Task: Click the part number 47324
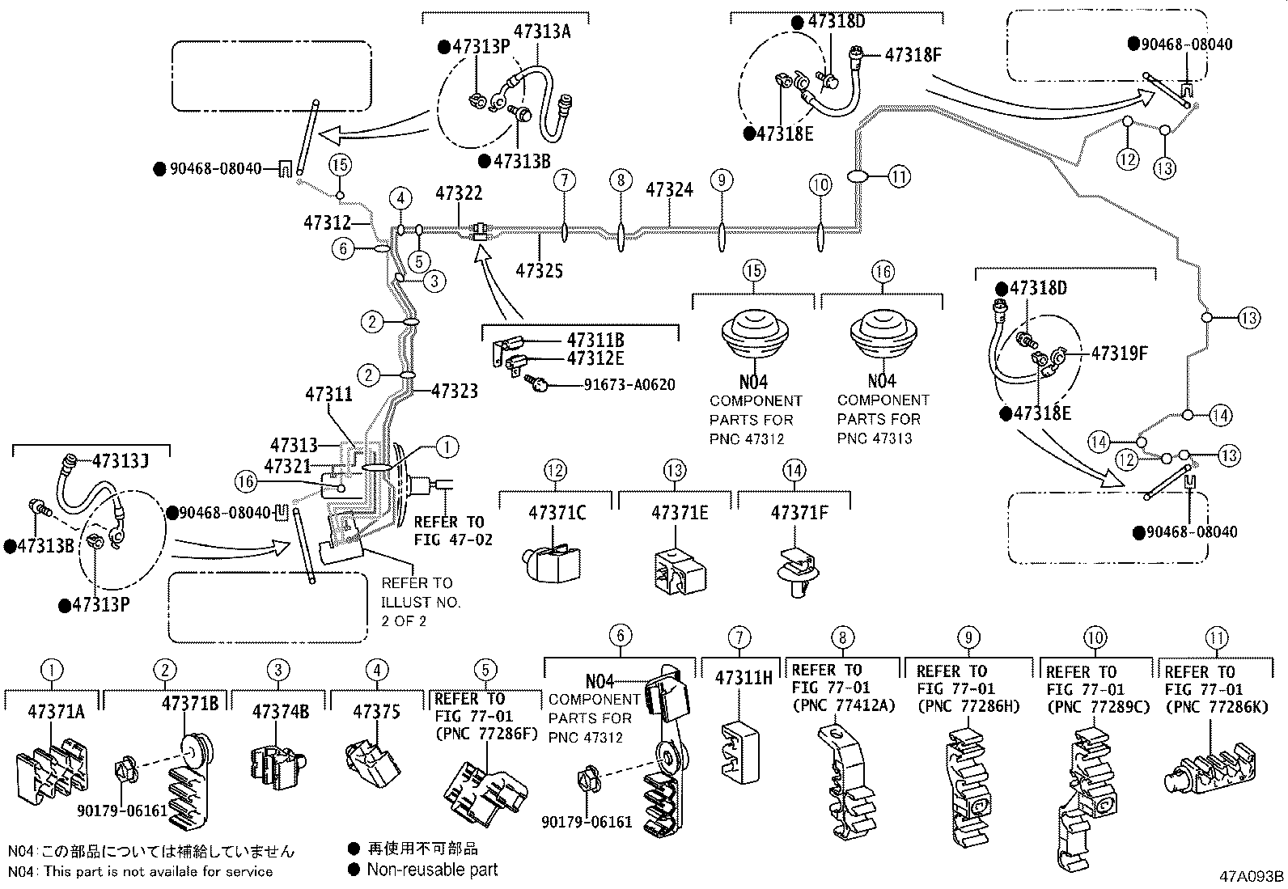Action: pyautogui.click(x=669, y=190)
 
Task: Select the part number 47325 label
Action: pyautogui.click(x=539, y=270)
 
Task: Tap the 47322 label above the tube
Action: pyautogui.click(x=459, y=193)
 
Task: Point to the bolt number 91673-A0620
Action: pyautogui.click(x=629, y=385)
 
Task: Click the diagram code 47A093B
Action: pyautogui.click(x=1252, y=876)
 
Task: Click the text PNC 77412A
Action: pyautogui.click(x=843, y=706)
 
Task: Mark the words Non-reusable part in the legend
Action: pyautogui.click(x=432, y=870)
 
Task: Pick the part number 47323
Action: pyautogui.click(x=454, y=392)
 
